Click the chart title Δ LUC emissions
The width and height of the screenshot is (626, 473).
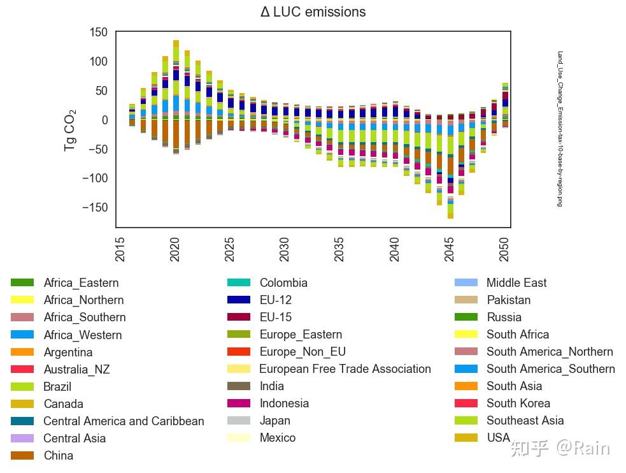click(313, 12)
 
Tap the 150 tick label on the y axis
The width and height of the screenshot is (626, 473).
click(99, 32)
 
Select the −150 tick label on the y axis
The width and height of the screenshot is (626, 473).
click(95, 207)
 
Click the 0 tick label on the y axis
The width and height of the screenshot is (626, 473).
click(104, 120)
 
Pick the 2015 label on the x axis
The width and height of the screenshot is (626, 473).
click(120, 249)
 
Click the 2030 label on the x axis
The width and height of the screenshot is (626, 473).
click(285, 249)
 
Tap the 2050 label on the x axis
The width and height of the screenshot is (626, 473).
click(504, 249)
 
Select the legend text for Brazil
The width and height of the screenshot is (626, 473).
click(57, 386)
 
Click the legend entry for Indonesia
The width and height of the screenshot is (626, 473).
click(284, 403)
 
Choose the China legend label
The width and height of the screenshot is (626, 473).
click(58, 455)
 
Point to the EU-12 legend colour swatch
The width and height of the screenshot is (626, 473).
click(239, 300)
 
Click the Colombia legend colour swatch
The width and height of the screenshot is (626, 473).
click(239, 282)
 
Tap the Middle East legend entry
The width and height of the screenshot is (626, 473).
click(516, 282)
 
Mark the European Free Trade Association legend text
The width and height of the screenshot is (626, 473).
click(345, 368)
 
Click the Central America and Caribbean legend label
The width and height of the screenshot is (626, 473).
click(124, 421)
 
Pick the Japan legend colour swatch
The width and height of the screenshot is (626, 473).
click(239, 420)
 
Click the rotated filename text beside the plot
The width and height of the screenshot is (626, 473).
click(560, 129)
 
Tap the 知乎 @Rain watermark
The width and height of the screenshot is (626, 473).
click(560, 448)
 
